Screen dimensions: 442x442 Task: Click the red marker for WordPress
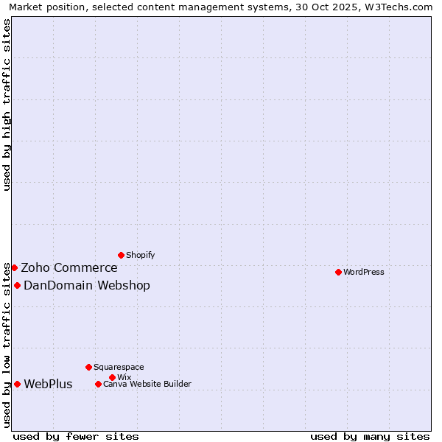pos(338,272)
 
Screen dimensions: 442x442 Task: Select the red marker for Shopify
pos(121,255)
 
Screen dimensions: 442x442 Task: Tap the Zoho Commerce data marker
pos(14,267)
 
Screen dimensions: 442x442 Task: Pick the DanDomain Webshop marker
pos(17,285)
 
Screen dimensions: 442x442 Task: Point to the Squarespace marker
pos(88,367)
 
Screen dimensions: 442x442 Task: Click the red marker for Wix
pos(112,377)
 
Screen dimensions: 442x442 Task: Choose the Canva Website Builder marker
pos(98,384)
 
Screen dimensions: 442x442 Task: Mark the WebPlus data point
pos(17,384)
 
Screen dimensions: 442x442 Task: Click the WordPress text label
pos(364,272)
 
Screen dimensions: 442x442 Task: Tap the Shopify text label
pos(140,255)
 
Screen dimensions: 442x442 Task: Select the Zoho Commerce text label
pos(69,267)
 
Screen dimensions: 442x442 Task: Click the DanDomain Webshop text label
pos(87,285)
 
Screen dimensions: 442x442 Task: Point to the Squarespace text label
pos(119,367)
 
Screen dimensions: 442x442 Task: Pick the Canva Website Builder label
pos(147,384)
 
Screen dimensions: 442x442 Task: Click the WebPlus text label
pos(48,384)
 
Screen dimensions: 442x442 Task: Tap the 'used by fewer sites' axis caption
pos(76,436)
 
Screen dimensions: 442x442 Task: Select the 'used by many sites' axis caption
pos(370,436)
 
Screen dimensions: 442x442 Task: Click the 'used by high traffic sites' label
pos(7,105)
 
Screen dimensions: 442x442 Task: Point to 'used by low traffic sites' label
pos(7,345)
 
